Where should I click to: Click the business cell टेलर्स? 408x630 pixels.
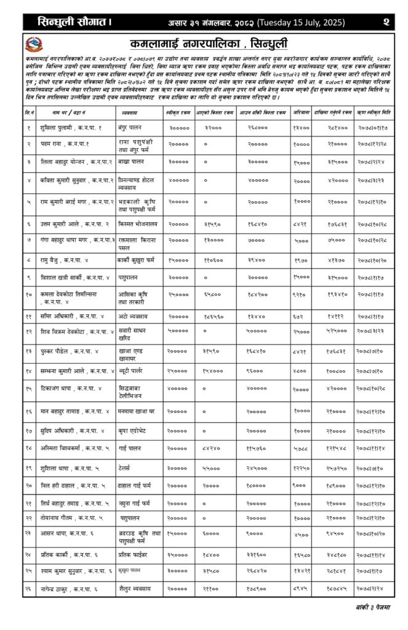128,468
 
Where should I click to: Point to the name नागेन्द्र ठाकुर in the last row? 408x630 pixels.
62,589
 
